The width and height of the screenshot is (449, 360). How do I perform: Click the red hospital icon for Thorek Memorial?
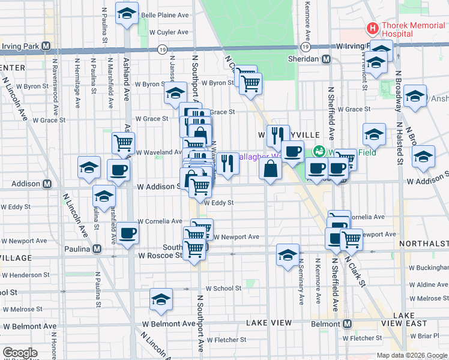tap(373, 28)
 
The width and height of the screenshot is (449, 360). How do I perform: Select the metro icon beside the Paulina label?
tap(96, 249)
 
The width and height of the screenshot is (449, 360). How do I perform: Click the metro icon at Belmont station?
tap(347, 324)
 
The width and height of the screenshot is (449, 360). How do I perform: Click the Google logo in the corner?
tap(20, 353)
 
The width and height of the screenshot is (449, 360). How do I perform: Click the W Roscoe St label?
tap(160, 255)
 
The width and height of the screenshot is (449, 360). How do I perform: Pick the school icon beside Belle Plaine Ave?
tap(127, 13)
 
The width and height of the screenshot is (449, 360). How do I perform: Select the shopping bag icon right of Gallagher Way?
tap(271, 169)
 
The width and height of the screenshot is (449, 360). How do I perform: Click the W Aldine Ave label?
tap(429, 284)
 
